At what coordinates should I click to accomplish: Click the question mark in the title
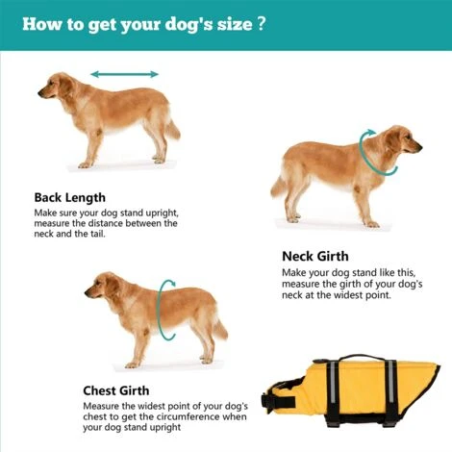262,23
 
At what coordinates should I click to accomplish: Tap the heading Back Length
70,197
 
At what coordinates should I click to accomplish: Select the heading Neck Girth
315,257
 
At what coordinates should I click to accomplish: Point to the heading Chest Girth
116,390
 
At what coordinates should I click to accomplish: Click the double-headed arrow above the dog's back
124,75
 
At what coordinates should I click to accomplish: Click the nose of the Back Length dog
39,93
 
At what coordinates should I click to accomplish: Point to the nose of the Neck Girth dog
420,147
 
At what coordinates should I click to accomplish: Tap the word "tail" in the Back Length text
98,234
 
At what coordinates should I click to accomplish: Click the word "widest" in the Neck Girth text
347,294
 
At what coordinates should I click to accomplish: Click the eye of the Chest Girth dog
98,283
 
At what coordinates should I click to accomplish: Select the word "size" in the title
235,24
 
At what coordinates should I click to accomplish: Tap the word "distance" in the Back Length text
105,223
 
